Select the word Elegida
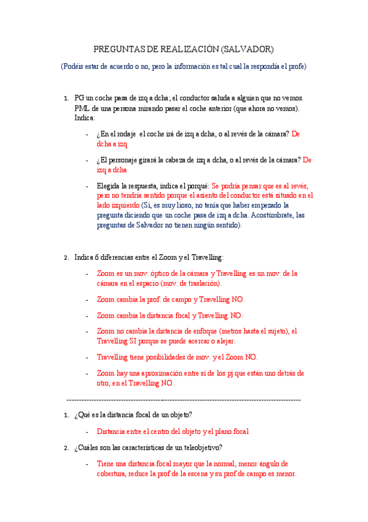109,186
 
